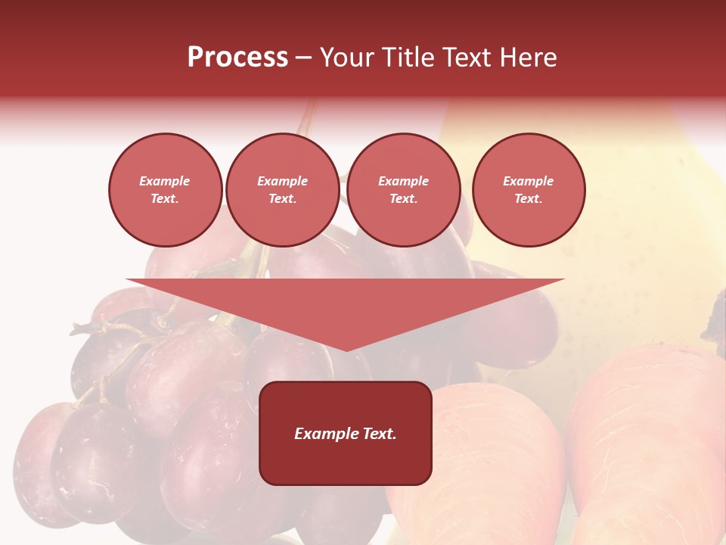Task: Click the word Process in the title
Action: tap(237, 58)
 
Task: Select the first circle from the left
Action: tap(165, 190)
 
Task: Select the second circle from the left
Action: tap(282, 190)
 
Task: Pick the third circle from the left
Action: tap(403, 190)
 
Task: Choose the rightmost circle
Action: tap(528, 190)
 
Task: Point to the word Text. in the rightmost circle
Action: tap(528, 199)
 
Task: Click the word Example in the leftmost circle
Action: tap(165, 181)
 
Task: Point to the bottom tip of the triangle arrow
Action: tap(346, 350)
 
